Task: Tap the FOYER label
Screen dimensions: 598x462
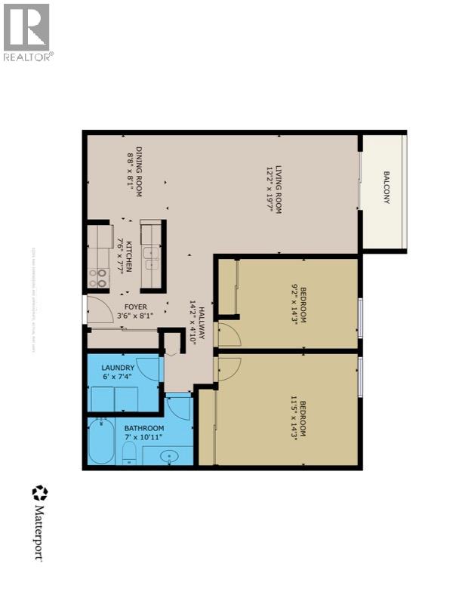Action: point(136,307)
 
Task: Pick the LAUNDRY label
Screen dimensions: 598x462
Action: point(119,368)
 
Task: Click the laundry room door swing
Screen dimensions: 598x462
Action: point(149,368)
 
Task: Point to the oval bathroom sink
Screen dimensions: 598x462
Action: point(168,456)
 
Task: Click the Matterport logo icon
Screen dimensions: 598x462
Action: point(39,494)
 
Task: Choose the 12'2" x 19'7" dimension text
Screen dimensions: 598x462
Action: point(269,190)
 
